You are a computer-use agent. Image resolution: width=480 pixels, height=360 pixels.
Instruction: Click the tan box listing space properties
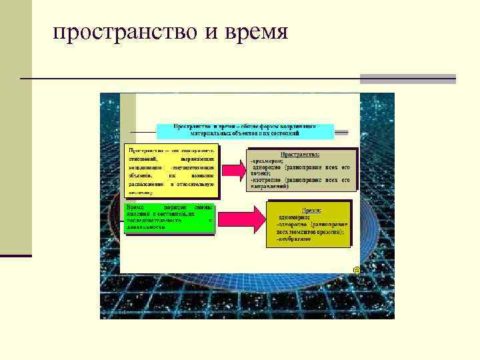coord(299,170)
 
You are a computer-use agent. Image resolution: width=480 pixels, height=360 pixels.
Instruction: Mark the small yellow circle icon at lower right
coord(357,270)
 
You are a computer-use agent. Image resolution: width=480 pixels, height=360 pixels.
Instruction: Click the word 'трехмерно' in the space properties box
coord(267,161)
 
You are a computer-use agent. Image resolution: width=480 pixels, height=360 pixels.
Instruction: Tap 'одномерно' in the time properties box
coord(293,217)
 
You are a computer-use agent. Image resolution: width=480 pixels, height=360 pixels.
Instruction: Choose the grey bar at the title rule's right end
coord(407,79)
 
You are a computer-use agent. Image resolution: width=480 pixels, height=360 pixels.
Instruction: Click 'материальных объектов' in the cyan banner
coord(215,134)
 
